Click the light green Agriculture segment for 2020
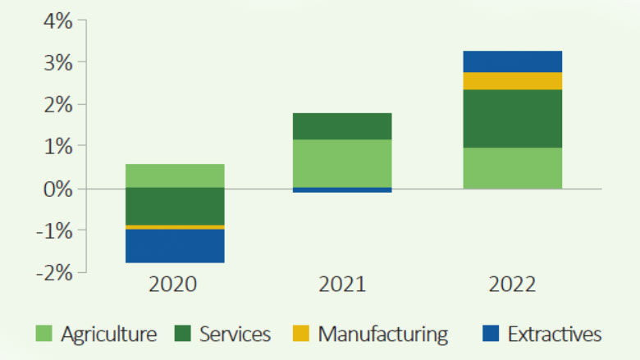click(174, 175)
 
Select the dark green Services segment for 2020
click(174, 206)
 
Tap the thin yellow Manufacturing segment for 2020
click(174, 227)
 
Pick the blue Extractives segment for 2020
click(174, 246)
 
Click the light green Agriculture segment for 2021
click(342, 163)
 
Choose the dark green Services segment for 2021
click(342, 126)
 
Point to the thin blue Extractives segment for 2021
click(342, 190)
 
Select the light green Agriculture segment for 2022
click(512, 168)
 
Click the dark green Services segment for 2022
click(512, 118)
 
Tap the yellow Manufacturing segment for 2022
click(512, 80)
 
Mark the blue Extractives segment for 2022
click(512, 62)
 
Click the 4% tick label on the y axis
click(57, 21)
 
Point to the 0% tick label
click(57, 189)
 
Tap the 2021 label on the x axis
click(342, 285)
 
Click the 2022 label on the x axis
click(512, 285)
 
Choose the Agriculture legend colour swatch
click(44, 334)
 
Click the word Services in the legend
click(235, 334)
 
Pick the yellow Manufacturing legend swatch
click(301, 334)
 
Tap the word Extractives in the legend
click(555, 334)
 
